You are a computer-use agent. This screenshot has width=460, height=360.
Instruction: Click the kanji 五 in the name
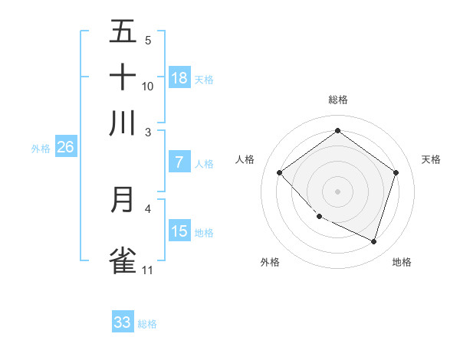(123, 32)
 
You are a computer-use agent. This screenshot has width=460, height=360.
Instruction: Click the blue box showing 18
(179, 78)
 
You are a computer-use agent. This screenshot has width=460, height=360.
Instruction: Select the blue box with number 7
(179, 162)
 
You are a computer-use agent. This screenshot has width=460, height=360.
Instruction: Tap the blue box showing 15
(179, 231)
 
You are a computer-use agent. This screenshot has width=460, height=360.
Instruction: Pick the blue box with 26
(65, 148)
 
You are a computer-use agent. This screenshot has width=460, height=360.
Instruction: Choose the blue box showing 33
(123, 322)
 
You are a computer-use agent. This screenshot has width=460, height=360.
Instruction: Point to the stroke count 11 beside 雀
(148, 270)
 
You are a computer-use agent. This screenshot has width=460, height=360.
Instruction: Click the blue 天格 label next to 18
(204, 79)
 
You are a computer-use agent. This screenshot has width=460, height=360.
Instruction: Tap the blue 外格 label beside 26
(41, 149)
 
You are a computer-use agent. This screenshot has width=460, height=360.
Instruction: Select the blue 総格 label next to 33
(147, 324)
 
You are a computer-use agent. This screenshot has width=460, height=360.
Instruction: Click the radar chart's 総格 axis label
(337, 100)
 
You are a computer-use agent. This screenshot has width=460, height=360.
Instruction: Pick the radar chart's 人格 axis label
(245, 159)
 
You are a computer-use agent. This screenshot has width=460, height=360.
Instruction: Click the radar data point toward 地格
(373, 241)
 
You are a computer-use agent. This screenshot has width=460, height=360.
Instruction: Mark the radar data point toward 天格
(396, 173)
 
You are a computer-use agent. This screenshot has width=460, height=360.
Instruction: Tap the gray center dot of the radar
(337, 191)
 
